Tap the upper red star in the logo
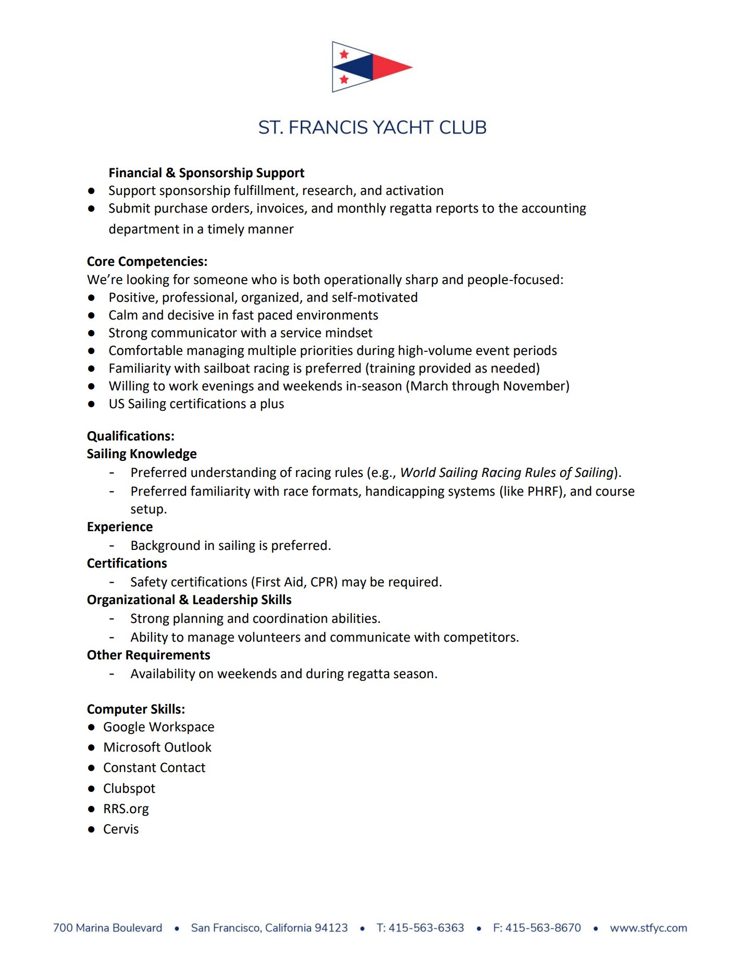point(344,54)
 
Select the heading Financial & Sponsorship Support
point(206,173)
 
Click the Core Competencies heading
point(147,262)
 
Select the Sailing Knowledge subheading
point(142,454)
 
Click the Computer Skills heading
point(136,709)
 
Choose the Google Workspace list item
point(158,727)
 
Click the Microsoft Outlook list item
point(157,747)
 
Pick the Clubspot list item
point(129,789)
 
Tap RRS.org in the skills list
point(126,809)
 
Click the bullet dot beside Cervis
point(92,829)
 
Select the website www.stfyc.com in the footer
point(648,928)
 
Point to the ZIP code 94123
point(331,928)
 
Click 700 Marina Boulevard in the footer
point(108,928)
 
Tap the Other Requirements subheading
point(149,655)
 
